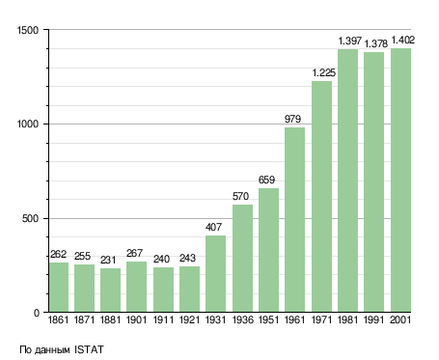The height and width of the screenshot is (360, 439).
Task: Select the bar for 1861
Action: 59,287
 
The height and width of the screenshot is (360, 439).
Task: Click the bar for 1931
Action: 215,273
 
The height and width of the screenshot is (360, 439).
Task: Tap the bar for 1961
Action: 294,220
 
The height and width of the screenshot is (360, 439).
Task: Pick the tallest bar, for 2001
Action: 400,180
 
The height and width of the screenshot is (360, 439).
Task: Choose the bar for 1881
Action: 110,290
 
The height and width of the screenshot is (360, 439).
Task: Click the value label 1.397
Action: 350,42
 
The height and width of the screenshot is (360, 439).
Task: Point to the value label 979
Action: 292,119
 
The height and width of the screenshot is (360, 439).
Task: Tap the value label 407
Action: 213,227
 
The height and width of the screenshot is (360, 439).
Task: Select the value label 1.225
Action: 324,72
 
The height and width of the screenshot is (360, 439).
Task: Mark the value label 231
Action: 108,260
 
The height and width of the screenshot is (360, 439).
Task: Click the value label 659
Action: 266,180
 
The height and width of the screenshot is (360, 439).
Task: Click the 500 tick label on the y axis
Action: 30,218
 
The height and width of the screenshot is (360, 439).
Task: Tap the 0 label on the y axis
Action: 37,313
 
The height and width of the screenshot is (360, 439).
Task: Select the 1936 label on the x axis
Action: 242,319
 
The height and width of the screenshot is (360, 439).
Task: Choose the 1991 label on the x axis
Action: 374,319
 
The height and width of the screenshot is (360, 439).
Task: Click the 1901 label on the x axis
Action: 136,319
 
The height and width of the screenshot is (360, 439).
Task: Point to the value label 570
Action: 240,196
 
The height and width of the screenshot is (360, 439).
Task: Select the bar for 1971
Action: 321,197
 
